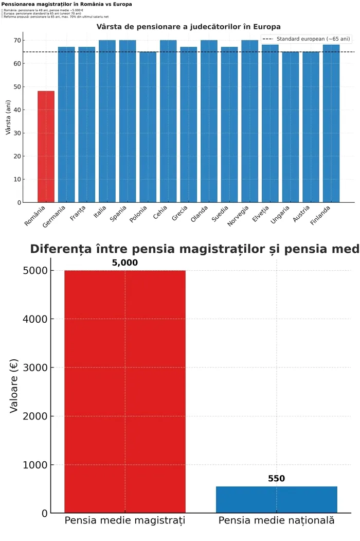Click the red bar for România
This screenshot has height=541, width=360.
pyautogui.click(x=46, y=147)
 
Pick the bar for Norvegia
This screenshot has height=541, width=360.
pyautogui.click(x=249, y=121)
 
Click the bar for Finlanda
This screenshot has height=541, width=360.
pyautogui.click(x=331, y=124)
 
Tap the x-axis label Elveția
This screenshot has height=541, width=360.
pyautogui.click(x=261, y=214)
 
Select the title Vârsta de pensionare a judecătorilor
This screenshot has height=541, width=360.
pyautogui.click(x=189, y=26)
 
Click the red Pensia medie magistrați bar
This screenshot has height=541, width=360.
pyautogui.click(x=124, y=391)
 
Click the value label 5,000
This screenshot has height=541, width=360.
pyautogui.click(x=124, y=263)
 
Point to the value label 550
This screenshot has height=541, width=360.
pyautogui.click(x=276, y=479)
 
